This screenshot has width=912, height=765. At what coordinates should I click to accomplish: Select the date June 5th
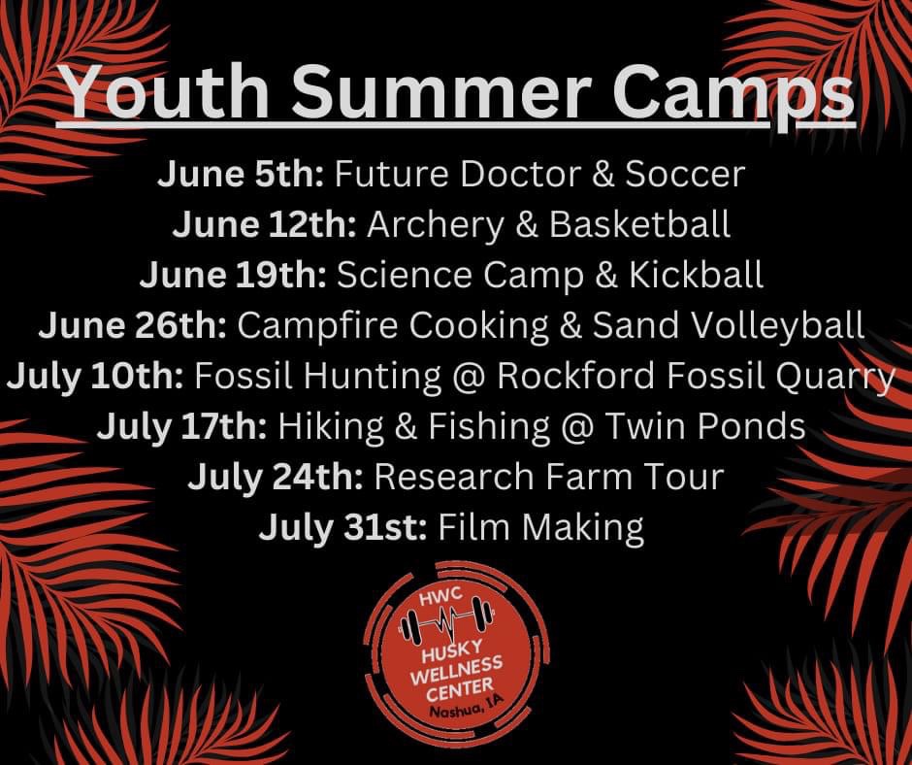pos(241,174)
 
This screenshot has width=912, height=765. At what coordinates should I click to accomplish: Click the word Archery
pos(436,225)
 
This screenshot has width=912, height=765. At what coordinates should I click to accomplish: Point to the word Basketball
pos(639,224)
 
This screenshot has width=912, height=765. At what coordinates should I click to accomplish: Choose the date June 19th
pos(233,275)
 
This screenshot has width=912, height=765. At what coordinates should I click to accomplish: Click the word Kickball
pos(697,275)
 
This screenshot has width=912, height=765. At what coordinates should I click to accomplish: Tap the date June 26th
pos(133,325)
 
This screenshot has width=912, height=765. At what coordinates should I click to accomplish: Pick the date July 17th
pos(182,427)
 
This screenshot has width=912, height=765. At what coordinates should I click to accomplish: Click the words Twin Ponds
pos(705,426)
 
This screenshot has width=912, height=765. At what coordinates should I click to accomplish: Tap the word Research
pos(454,477)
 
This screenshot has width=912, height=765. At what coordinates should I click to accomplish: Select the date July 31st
pos(343,528)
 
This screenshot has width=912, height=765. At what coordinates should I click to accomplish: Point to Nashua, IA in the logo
pos(466,706)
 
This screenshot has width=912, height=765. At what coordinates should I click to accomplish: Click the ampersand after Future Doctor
pos(603,175)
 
